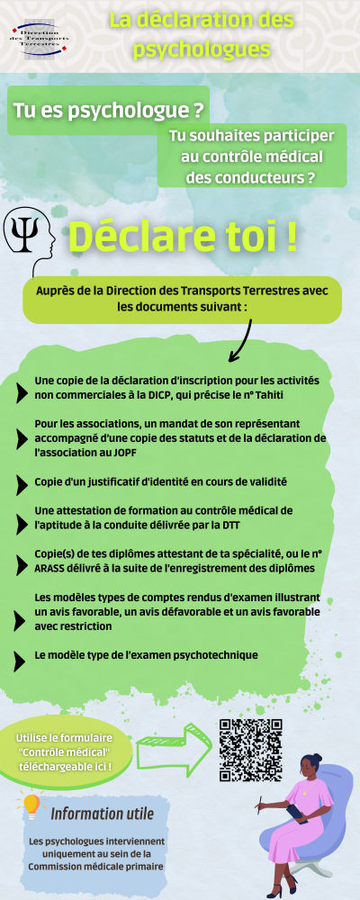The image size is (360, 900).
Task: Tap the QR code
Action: pos(251,750)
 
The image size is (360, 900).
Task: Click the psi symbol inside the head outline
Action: pos(21,232)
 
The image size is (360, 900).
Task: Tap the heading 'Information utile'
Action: pos(102,814)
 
